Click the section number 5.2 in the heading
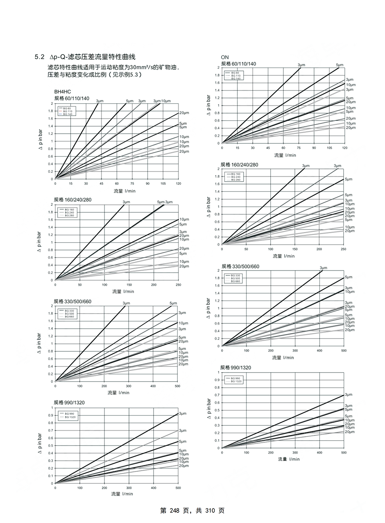click(x=39, y=57)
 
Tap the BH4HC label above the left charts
click(x=63, y=92)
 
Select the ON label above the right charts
click(x=224, y=57)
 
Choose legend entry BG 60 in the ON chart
click(x=235, y=73)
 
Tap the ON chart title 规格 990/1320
click(x=236, y=367)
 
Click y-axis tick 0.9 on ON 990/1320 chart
click(x=218, y=380)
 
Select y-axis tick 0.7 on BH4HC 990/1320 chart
click(x=51, y=430)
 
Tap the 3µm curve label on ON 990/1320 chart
click(x=348, y=394)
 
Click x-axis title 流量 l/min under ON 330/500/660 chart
click(x=283, y=357)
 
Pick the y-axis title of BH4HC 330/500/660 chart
click(x=40, y=343)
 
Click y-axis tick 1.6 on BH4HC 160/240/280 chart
click(x=51, y=220)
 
